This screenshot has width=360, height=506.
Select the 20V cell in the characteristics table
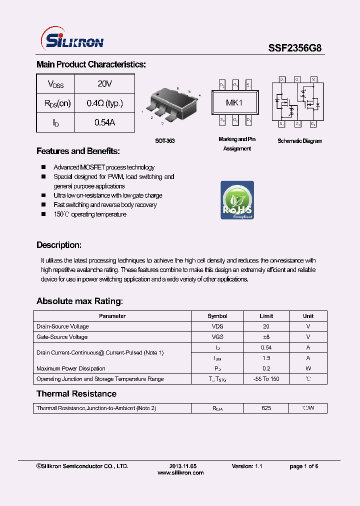tap(104, 83)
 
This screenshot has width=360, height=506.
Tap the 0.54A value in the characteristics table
tap(104, 122)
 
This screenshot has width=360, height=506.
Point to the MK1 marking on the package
tap(234, 103)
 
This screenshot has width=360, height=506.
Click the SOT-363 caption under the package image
tap(164, 141)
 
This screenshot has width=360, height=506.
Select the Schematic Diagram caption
tap(299, 141)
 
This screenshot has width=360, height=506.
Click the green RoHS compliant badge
tap(237, 200)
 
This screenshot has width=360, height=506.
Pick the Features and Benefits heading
tap(78, 151)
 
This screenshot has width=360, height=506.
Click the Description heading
tap(58, 245)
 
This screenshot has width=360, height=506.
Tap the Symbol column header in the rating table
tap(217, 316)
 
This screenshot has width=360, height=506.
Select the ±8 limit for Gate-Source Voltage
tap(266, 337)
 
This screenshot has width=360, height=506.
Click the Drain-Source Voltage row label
tap(62, 326)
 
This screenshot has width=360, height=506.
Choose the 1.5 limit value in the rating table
tap(266, 358)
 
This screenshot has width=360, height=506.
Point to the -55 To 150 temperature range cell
tap(266, 379)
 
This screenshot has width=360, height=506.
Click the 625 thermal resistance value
tap(266, 408)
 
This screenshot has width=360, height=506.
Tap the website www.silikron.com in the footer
tap(180, 472)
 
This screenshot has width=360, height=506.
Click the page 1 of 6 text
tap(303, 466)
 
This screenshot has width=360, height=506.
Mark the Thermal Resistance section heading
tap(76, 394)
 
